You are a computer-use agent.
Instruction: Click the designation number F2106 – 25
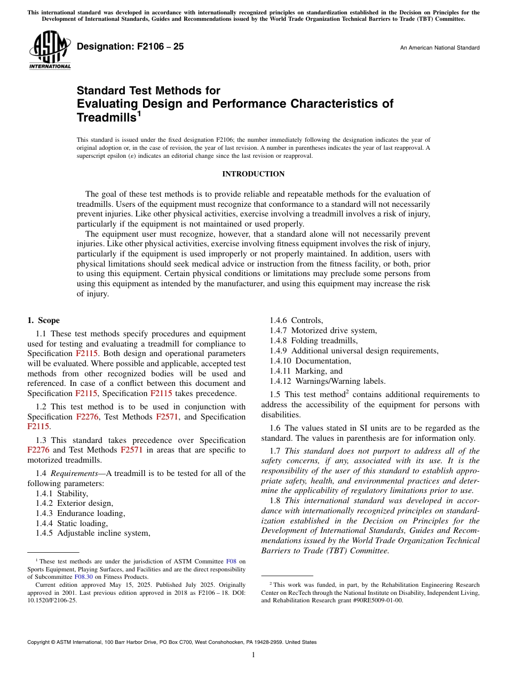click(x=130, y=47)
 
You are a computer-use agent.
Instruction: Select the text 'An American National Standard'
click(x=440, y=48)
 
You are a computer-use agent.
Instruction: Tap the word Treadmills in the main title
click(x=106, y=117)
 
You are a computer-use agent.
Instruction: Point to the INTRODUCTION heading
click(x=253, y=174)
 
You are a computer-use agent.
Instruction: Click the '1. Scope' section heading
click(x=43, y=320)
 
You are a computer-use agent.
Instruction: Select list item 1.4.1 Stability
click(x=62, y=494)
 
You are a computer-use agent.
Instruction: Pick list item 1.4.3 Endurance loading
click(x=80, y=513)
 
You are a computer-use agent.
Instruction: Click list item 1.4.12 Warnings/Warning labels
click(x=327, y=381)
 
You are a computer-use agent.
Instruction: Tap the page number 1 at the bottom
click(x=253, y=655)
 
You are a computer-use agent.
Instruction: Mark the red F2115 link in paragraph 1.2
click(x=38, y=427)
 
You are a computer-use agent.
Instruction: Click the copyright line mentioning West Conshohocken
click(x=172, y=642)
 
